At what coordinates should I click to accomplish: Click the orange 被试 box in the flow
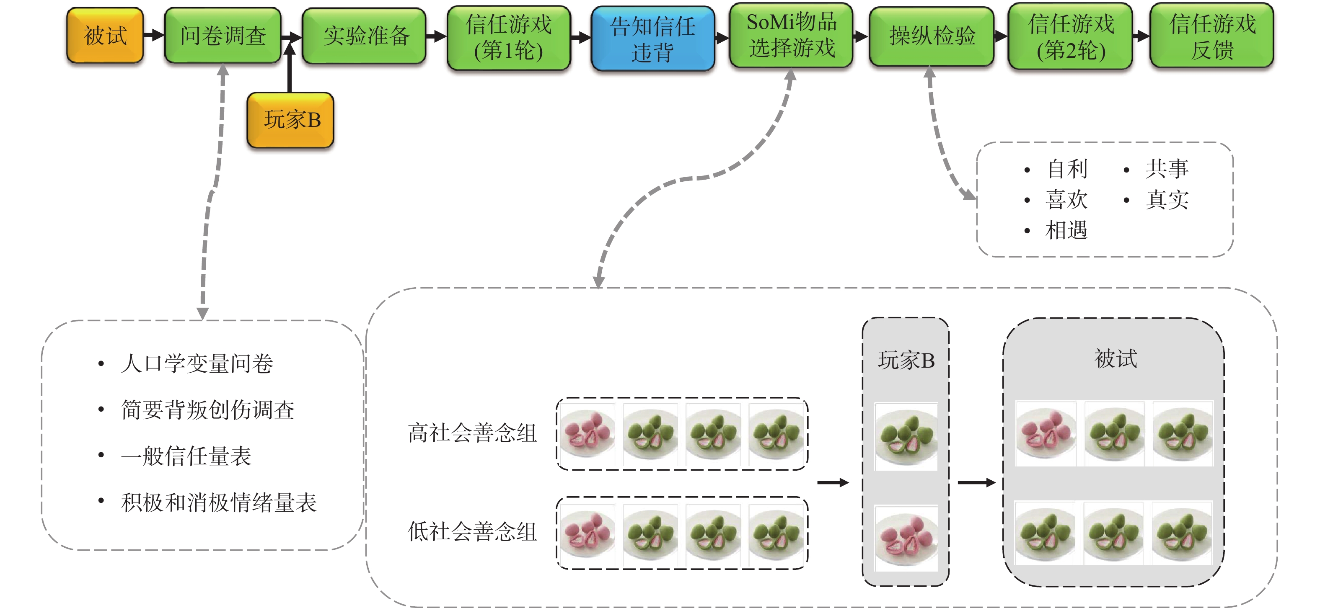105,35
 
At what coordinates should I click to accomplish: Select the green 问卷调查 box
223,35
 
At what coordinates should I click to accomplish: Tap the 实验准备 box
365,35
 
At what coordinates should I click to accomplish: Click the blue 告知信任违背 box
652,38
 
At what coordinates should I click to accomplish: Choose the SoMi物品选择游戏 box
791,35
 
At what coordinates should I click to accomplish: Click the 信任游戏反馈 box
1212,36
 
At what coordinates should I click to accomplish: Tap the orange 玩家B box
290,120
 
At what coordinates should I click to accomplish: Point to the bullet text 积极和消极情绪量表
219,502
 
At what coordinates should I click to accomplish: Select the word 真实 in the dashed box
1167,200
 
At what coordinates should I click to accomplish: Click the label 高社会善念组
472,433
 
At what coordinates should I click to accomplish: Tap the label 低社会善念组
472,532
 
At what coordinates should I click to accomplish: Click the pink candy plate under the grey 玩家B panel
906,538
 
